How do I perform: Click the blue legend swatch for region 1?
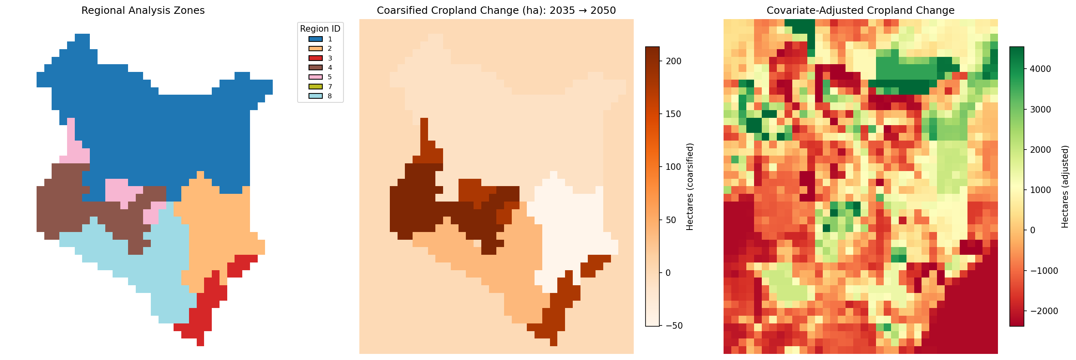click(316, 39)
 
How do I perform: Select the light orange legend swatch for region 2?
click(316, 48)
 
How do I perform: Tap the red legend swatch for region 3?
click(316, 58)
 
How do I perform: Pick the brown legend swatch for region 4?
click(316, 67)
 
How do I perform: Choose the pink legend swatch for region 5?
click(316, 77)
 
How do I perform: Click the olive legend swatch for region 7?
click(316, 87)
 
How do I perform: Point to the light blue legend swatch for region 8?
click(316, 96)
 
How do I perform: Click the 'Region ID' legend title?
click(320, 29)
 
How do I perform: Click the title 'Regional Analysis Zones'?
click(143, 11)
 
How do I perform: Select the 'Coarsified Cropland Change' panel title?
click(496, 11)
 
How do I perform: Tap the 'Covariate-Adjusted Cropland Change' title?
click(861, 11)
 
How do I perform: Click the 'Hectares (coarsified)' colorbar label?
click(690, 187)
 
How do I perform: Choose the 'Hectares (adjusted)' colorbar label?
click(1065, 187)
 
